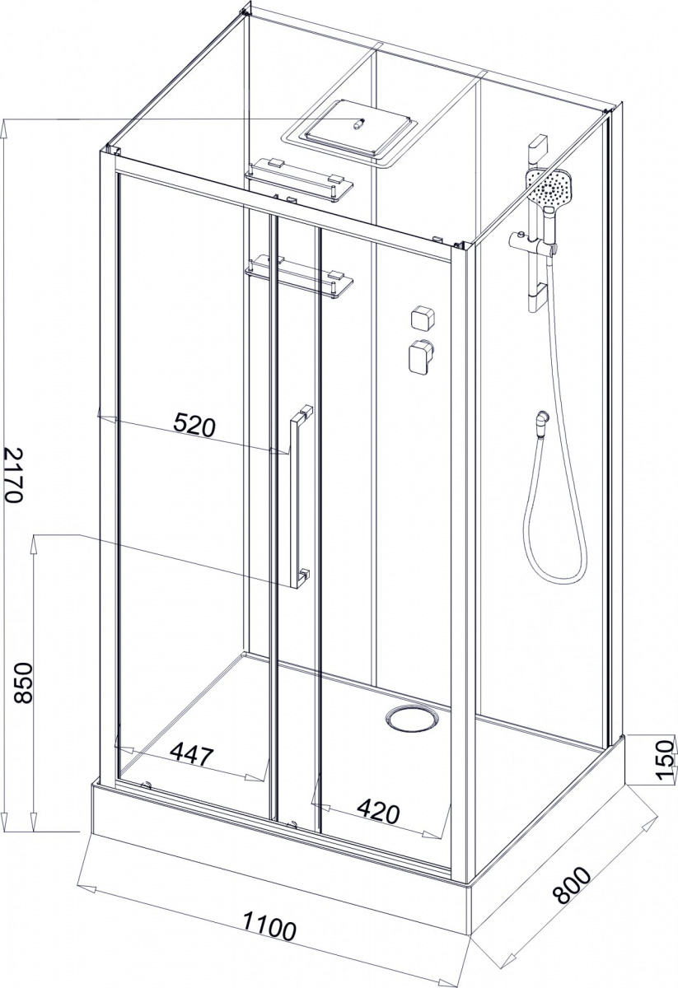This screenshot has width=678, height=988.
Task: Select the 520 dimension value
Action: pyautogui.click(x=194, y=425)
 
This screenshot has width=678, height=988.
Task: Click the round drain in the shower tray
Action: pyautogui.click(x=413, y=720)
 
